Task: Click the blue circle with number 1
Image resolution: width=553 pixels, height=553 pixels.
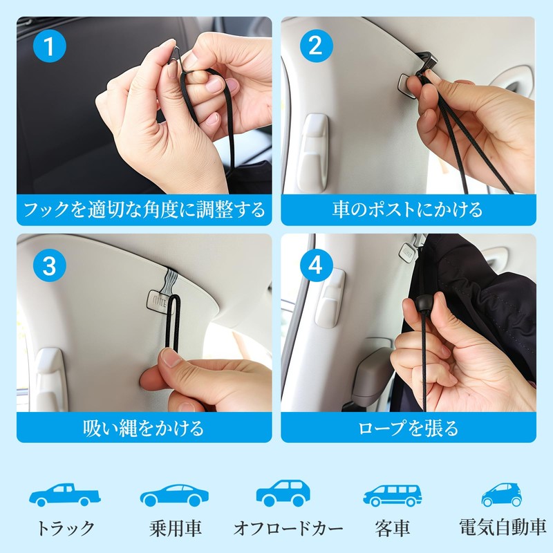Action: pos(49,46)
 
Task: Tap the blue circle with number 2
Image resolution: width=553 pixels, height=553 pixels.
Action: pos(317,46)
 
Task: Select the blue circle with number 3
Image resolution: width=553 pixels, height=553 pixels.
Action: pos(49,265)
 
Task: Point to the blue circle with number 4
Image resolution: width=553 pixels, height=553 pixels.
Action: pos(317,265)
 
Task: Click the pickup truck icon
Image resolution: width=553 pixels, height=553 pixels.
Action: pos(65,494)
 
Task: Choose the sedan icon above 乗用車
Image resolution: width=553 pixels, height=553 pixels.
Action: pos(174,495)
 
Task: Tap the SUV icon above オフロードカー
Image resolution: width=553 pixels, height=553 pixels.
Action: pos(283,493)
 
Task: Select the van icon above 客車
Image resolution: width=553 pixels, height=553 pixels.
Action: pos(392,495)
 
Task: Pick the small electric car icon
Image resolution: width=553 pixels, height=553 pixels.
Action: pos(502,494)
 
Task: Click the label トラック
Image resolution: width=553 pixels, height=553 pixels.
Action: pos(66,528)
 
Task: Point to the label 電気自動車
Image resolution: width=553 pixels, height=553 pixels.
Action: pos(503,527)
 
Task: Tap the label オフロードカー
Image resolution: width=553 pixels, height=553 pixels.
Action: pos(288,528)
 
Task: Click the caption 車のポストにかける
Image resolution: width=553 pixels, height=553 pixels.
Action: pos(408,209)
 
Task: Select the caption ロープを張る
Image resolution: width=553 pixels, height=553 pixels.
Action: pos(408,428)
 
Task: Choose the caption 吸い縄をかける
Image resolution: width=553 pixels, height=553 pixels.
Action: pos(144,428)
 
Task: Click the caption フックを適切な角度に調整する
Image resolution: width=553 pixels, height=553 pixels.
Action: pos(144,209)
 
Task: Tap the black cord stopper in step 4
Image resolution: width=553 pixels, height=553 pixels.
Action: pos(423,303)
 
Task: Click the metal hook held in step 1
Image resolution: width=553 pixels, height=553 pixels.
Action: pos(174,53)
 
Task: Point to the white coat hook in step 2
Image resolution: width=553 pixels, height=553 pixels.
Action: pos(314,153)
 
